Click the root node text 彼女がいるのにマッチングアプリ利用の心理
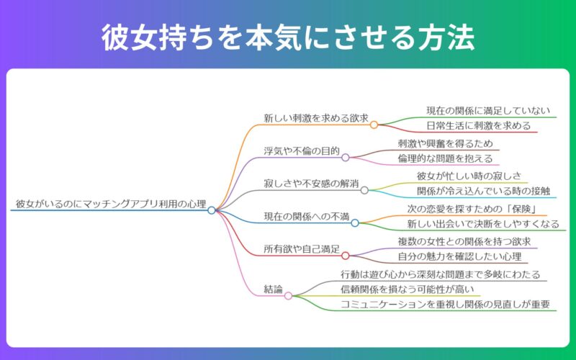pyautogui.click(x=111, y=204)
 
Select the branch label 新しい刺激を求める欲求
pyautogui.click(x=316, y=118)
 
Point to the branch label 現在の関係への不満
pyautogui.click(x=307, y=217)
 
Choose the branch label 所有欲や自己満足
pyautogui.click(x=302, y=249)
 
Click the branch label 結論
pyautogui.click(x=274, y=289)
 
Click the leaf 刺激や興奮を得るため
pyautogui.click(x=444, y=143)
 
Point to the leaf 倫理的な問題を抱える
pyautogui.click(x=444, y=158)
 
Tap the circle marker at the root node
pyautogui.click(x=212, y=210)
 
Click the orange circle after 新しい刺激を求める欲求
pyautogui.click(x=374, y=125)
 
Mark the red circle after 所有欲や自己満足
pyautogui.click(x=345, y=256)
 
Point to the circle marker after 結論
pyautogui.click(x=288, y=295)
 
